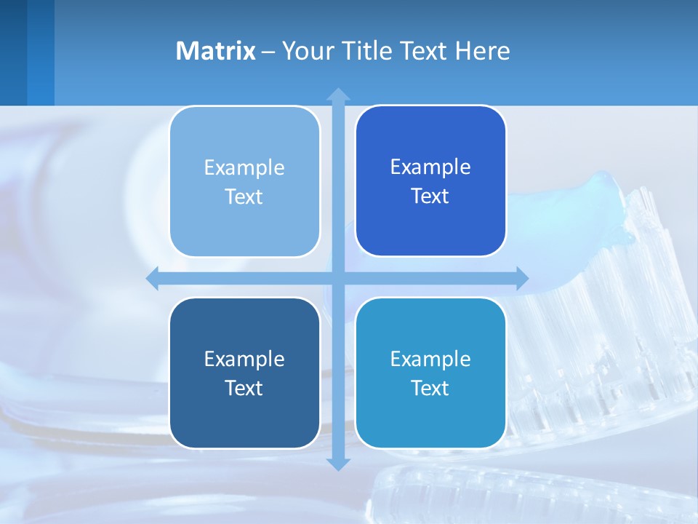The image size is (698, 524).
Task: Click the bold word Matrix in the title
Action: (215, 51)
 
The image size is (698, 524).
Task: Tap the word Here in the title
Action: (482, 51)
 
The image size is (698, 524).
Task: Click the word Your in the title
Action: (307, 51)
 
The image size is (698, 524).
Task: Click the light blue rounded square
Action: (244, 181)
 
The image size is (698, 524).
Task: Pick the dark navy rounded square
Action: (244, 373)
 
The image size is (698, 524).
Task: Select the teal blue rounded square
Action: (430, 373)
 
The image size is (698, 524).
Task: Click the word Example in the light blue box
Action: (244, 167)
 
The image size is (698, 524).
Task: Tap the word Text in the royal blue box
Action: (430, 196)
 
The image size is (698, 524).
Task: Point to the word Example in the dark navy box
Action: (244, 359)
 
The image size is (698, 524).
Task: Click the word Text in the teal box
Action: (430, 388)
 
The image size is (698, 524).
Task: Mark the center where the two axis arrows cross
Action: (338, 278)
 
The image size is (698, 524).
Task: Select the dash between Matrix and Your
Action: (268, 52)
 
